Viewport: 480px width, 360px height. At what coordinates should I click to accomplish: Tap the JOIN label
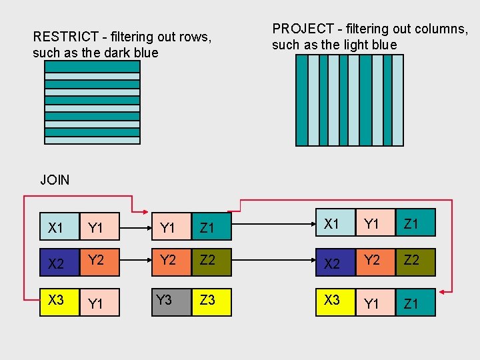[x=55, y=179]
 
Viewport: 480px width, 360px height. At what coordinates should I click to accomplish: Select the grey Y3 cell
[x=171, y=301]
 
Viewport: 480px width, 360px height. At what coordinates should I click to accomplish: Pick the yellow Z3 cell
[x=211, y=301]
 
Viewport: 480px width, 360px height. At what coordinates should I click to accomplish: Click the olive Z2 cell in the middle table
[x=211, y=262]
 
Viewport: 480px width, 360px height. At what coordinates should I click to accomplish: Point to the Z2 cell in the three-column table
[x=415, y=262]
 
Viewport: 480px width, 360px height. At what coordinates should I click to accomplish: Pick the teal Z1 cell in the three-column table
[x=415, y=224]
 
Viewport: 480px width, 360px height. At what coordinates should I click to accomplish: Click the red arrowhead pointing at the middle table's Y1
[x=146, y=211]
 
